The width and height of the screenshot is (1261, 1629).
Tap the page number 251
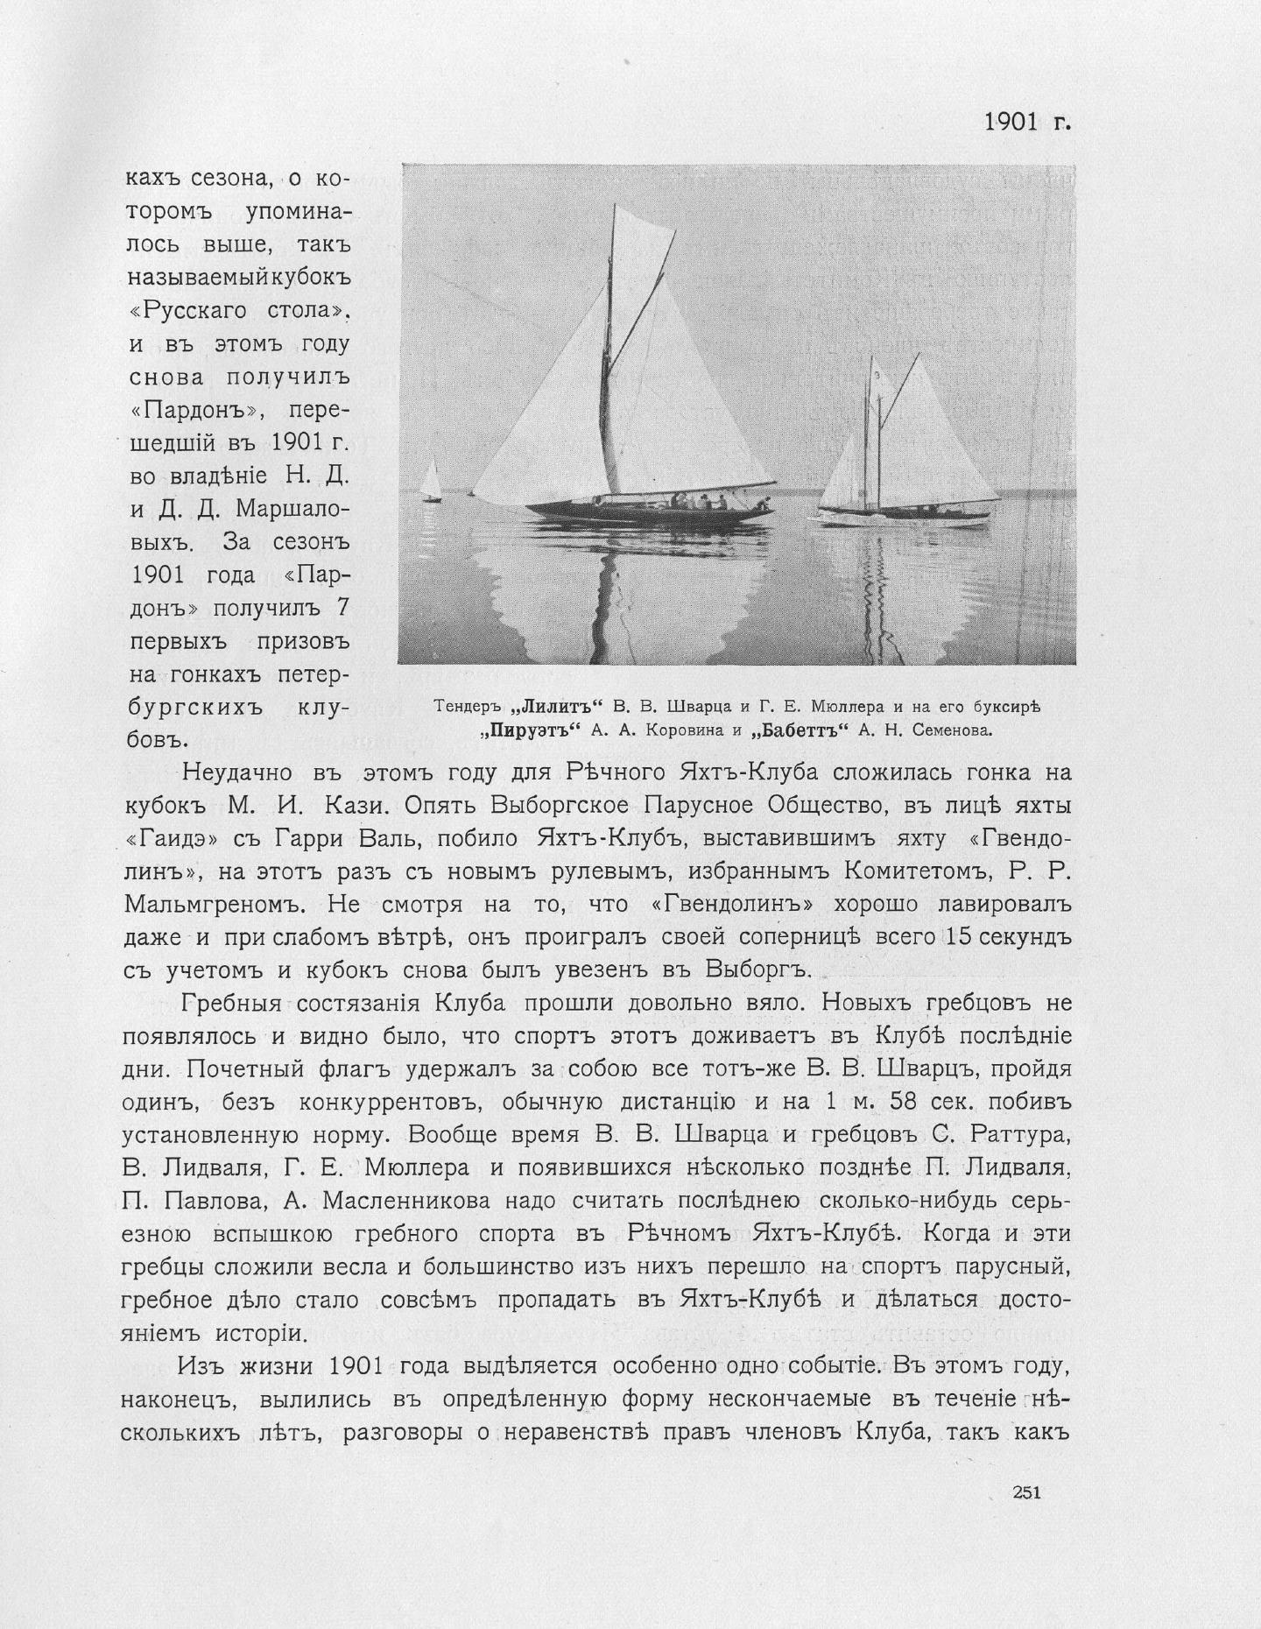tap(1026, 1493)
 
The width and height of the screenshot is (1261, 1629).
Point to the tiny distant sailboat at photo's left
tap(431, 483)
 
